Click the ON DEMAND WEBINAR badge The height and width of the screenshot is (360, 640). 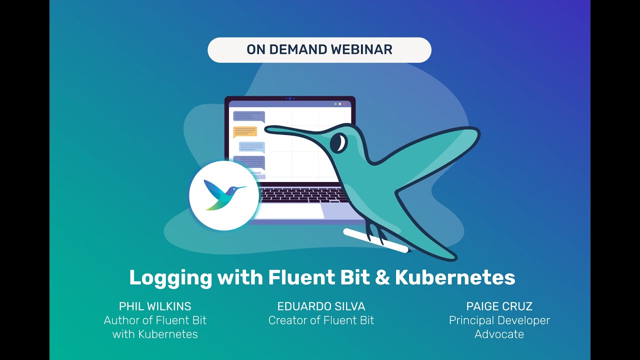click(x=319, y=50)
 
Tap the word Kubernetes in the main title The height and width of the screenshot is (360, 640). click(x=455, y=277)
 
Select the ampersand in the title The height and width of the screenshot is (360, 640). click(x=382, y=277)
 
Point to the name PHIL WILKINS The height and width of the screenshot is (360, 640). click(x=155, y=306)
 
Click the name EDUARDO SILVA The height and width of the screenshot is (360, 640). click(x=321, y=306)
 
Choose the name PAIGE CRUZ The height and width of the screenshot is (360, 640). click(x=499, y=306)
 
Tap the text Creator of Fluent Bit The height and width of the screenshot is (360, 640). click(x=321, y=320)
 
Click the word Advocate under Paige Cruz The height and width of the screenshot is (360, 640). click(x=499, y=334)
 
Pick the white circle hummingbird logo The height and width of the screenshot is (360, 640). click(x=224, y=195)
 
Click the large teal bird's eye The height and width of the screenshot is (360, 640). click(x=339, y=143)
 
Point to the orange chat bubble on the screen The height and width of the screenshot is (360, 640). click(x=245, y=132)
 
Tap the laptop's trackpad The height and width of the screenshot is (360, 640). click(x=290, y=211)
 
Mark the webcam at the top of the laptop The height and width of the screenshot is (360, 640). click(x=290, y=98)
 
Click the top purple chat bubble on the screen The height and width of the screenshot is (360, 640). click(x=248, y=116)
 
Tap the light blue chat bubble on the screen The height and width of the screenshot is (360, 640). click(x=251, y=146)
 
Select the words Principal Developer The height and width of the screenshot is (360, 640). click(x=499, y=320)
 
